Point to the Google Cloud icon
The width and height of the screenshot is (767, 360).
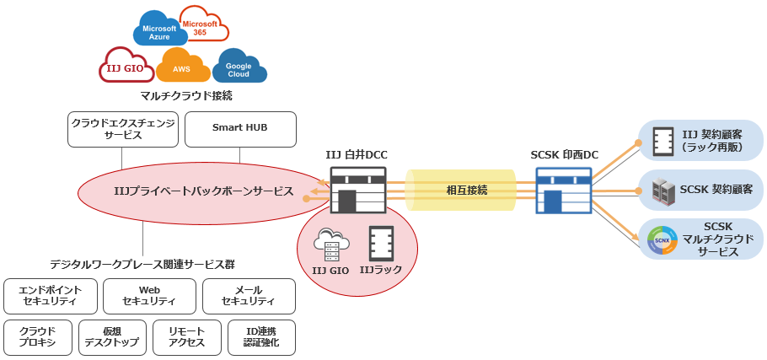pos(239,67)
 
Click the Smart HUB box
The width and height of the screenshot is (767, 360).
pos(240,128)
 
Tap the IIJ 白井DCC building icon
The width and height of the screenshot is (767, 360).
pos(357,190)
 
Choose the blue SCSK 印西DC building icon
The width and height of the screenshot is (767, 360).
pos(564,190)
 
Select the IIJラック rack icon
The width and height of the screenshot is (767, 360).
pos(381,244)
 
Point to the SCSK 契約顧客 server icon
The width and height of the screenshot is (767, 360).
pos(661,190)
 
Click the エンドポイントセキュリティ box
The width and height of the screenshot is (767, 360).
pos(50,296)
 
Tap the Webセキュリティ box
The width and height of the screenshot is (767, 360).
pos(149,296)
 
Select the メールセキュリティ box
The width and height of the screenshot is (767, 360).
pos(249,296)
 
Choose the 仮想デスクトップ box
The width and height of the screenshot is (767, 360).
pos(115,336)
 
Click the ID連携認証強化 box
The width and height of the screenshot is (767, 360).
pos(261,336)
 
